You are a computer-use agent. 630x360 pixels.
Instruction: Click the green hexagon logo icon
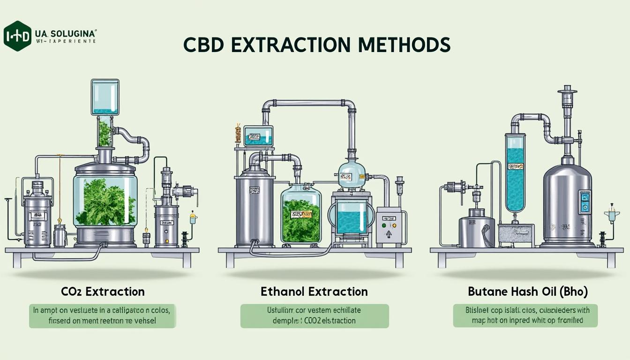click(x=17, y=36)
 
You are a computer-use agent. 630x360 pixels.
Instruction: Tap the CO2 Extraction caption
click(x=103, y=292)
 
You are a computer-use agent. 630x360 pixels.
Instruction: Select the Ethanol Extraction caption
click(x=314, y=292)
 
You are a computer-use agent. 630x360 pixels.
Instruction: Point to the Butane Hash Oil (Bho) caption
click(x=527, y=292)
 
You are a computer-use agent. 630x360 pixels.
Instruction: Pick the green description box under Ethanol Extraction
click(x=315, y=316)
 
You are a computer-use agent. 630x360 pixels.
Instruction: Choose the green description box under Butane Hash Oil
click(x=525, y=315)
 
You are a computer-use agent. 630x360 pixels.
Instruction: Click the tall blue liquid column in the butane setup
click(x=515, y=173)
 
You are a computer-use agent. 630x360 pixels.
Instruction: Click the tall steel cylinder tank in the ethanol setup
click(x=255, y=206)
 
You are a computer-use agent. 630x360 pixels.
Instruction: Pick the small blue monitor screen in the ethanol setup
click(x=258, y=135)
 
